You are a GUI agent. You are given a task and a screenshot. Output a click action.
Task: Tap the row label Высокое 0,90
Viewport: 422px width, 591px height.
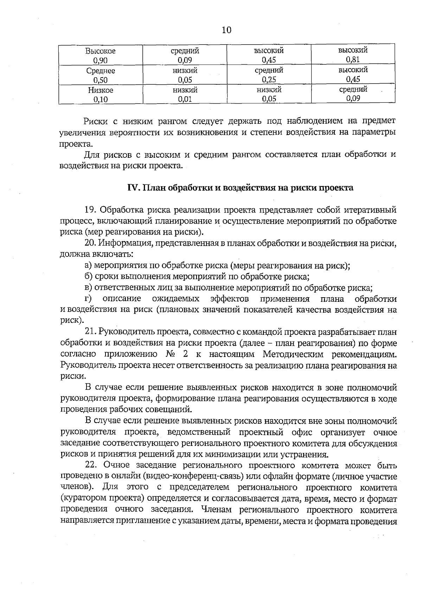[101, 56]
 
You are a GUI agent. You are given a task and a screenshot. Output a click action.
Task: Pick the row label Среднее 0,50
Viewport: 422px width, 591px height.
[101, 75]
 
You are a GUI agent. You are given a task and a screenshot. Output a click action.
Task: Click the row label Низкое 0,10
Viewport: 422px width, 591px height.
[101, 95]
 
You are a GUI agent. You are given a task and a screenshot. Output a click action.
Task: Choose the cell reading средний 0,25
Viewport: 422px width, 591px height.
[269, 75]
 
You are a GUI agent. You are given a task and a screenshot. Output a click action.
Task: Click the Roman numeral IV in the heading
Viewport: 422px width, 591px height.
[134, 188]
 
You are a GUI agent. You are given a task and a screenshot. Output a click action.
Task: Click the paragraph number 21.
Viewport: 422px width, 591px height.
[91, 332]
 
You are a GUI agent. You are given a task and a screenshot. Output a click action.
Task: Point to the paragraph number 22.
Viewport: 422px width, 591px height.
[91, 466]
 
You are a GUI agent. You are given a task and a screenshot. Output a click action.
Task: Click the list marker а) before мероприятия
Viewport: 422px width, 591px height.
[89, 266]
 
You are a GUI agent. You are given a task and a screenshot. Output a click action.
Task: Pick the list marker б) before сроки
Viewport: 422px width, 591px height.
[89, 277]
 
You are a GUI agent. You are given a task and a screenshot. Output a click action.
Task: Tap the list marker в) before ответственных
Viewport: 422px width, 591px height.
[89, 288]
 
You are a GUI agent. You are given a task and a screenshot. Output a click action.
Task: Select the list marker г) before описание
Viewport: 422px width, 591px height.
[88, 299]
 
